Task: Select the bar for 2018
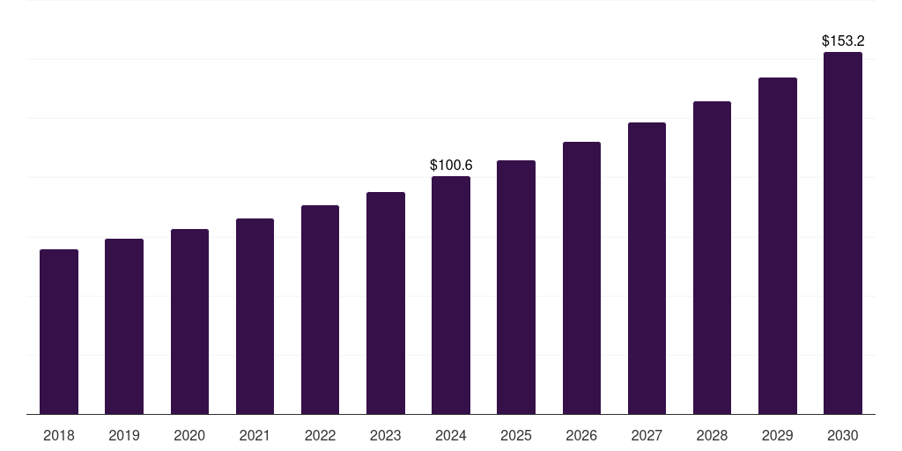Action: [59, 331]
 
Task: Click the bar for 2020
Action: [189, 322]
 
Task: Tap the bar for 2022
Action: [320, 309]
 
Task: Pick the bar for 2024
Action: [451, 295]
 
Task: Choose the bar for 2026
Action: [581, 277]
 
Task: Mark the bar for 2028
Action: [712, 257]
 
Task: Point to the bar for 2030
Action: [843, 233]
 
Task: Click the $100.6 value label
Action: [451, 165]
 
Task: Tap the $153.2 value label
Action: [843, 41]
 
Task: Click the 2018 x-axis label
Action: [59, 435]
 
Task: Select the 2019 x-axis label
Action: [124, 435]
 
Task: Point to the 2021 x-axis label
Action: [255, 435]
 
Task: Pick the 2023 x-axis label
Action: [386, 435]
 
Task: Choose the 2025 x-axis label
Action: [516, 435]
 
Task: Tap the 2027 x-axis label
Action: [647, 435]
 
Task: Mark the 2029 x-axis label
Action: [778, 435]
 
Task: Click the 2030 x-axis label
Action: [843, 435]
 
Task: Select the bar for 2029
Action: [778, 246]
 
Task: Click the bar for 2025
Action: [516, 287]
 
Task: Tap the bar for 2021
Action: [255, 316]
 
